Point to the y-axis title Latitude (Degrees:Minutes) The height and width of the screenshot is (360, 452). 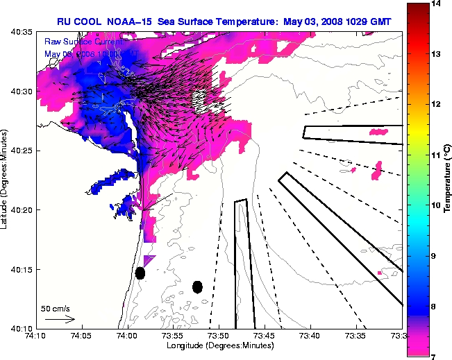coord(6,180)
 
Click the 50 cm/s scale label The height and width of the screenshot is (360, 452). coord(56,308)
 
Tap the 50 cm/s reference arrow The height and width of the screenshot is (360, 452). coord(60,319)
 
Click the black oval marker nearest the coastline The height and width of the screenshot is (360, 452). coord(140,273)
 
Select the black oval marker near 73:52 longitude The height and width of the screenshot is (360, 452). coord(197,286)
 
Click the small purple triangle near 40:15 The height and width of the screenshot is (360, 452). coord(149,259)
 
